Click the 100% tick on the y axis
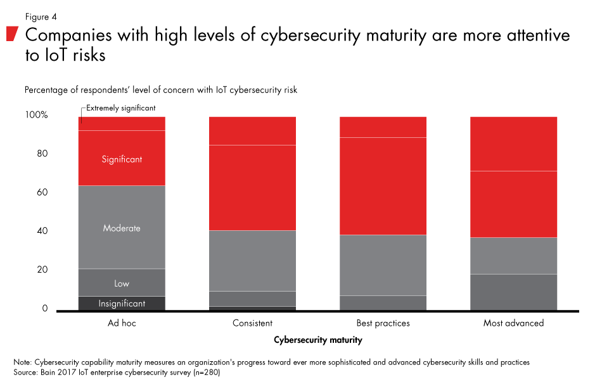point(37,115)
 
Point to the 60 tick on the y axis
point(42,192)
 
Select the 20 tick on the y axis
point(42,269)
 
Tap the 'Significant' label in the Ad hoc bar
point(122,159)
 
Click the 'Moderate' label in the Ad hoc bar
point(122,228)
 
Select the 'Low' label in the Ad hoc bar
point(122,284)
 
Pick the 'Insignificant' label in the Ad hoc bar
point(122,304)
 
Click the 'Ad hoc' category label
point(122,323)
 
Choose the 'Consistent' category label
point(252,323)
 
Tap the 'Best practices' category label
point(383,323)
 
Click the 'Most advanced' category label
point(513,323)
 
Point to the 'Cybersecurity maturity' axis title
point(318,340)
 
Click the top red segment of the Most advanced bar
point(513,144)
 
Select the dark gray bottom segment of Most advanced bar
point(513,292)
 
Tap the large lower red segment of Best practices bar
point(383,186)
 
